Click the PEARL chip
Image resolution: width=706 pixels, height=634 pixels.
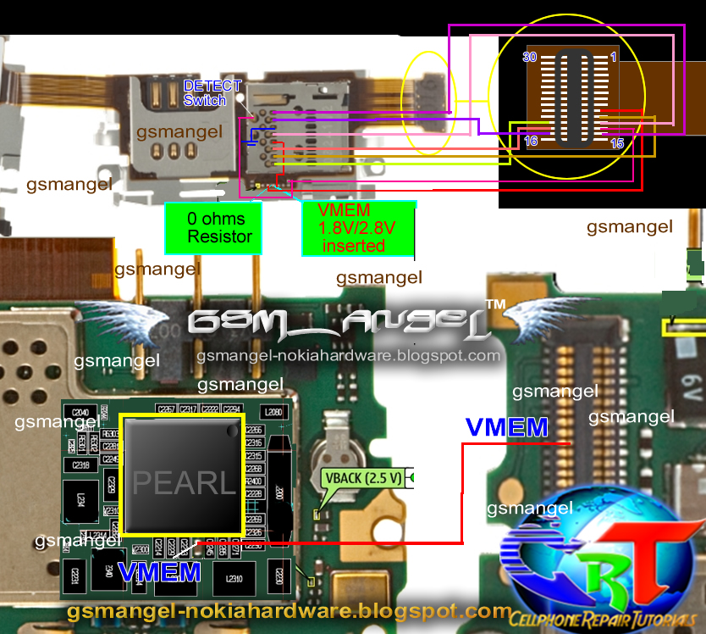(181, 475)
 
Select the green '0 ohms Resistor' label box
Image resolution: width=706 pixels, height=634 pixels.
(213, 227)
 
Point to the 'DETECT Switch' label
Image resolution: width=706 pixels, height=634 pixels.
(212, 92)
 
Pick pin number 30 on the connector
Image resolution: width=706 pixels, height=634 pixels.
(531, 57)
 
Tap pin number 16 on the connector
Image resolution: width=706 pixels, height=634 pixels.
(531, 141)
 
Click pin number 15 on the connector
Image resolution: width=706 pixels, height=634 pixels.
(616, 143)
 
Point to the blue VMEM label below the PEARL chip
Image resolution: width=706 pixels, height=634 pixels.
(159, 573)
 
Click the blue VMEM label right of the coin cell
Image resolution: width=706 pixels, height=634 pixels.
(506, 428)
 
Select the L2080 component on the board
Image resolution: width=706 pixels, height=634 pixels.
(273, 413)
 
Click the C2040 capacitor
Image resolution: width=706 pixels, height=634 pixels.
(81, 413)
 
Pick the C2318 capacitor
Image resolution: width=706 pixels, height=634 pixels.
(81, 464)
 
